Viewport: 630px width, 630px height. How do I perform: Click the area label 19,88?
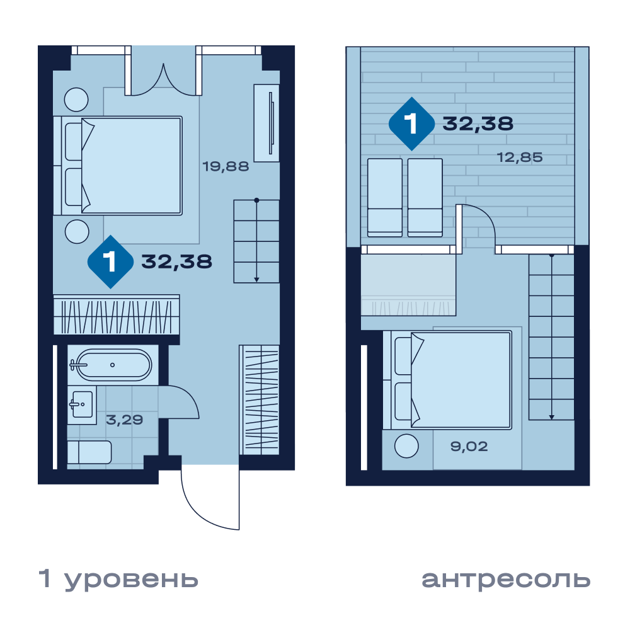(226, 166)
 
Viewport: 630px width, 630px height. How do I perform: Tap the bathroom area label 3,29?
(124, 420)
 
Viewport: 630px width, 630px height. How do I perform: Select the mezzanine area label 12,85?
(520, 157)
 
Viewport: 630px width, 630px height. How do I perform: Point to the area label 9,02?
(469, 447)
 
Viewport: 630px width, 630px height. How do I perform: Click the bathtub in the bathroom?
(113, 365)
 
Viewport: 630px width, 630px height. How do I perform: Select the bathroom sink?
(82, 405)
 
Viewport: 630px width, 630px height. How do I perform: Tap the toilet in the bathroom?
(89, 453)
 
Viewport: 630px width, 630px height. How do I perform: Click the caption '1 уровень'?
(118, 579)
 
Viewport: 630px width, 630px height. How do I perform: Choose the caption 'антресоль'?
(506, 579)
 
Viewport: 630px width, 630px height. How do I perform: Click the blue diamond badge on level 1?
(110, 262)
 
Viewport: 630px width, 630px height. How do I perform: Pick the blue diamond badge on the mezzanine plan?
(412, 123)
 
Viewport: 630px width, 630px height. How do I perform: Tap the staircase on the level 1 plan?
(256, 241)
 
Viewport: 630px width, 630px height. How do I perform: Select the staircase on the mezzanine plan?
(551, 336)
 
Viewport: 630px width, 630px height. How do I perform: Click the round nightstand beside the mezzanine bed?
(406, 446)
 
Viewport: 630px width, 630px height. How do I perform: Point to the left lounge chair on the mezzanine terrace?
(385, 197)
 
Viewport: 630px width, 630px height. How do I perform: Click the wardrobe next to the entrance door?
(259, 400)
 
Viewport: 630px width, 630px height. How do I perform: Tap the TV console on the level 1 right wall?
(266, 123)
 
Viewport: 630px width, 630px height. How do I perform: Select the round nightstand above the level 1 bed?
(76, 100)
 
